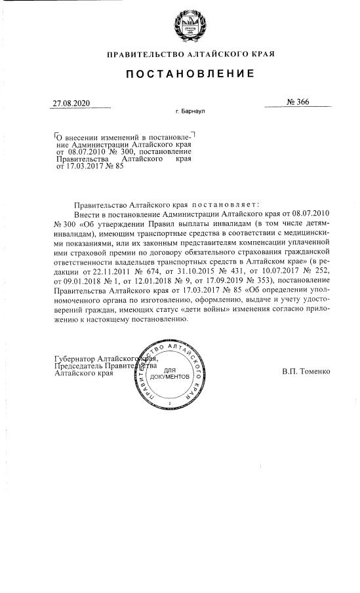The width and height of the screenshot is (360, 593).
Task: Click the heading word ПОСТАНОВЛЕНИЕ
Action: point(180,75)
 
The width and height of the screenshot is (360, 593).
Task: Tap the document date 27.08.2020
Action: point(72,104)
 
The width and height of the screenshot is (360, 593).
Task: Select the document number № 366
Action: point(298,102)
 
